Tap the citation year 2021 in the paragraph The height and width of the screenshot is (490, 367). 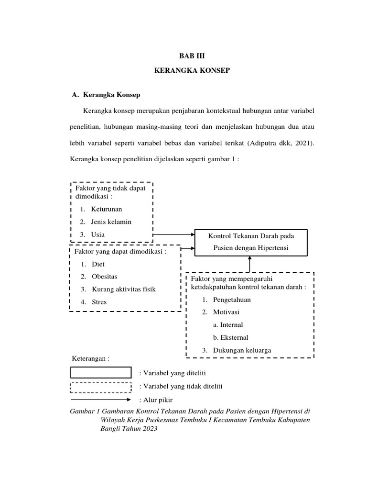(x=303, y=143)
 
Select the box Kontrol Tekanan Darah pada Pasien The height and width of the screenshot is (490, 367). (x=250, y=242)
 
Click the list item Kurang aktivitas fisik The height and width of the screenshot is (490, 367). (x=123, y=289)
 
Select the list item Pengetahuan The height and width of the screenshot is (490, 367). (x=232, y=300)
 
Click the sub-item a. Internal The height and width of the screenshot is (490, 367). (x=228, y=324)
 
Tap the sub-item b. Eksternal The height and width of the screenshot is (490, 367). (x=230, y=337)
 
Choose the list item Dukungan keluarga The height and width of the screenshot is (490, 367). (x=242, y=350)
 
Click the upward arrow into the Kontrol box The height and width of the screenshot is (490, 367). (x=249, y=264)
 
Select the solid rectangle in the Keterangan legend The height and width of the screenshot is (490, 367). (x=101, y=373)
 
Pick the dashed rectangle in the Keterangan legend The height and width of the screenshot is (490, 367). (x=101, y=386)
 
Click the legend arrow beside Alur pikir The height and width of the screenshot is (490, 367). (x=101, y=399)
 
